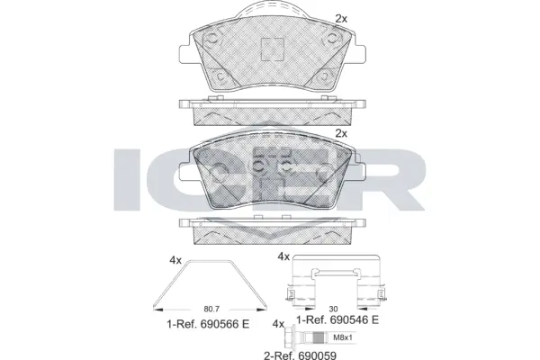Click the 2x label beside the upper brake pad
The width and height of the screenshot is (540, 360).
[340, 18]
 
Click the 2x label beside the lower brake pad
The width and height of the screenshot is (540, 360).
[340, 132]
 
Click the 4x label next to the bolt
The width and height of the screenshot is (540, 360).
[277, 324]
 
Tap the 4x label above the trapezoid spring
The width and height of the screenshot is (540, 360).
[175, 260]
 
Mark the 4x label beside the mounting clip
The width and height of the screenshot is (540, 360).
[283, 256]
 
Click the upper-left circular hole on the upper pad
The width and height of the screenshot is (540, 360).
[212, 40]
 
